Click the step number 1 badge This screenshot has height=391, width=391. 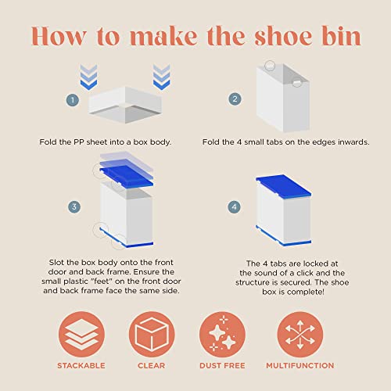click(73, 100)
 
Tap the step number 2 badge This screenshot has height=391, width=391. click(235, 99)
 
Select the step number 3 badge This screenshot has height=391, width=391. click(74, 207)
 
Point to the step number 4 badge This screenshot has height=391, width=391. click(235, 207)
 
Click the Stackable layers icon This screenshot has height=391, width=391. click(81, 334)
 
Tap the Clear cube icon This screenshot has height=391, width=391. click(152, 334)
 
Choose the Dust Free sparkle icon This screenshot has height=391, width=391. click(222, 334)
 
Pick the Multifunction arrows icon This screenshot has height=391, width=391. click(300, 334)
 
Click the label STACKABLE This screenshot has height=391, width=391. click(81, 366)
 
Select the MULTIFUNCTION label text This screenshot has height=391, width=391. click(300, 366)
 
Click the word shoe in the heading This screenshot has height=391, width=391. click(283, 36)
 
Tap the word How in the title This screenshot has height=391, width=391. click(59, 36)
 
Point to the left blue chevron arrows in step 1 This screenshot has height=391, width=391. click(88, 77)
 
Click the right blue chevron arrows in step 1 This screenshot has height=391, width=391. click(162, 77)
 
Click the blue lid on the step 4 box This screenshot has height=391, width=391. click(284, 186)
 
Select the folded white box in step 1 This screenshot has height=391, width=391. click(125, 105)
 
